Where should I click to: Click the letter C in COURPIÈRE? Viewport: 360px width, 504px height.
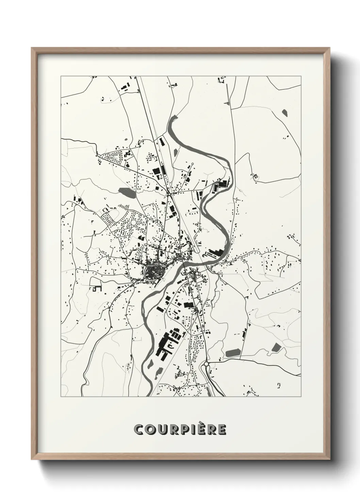[x=140, y=430]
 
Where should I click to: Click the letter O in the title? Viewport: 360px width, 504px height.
[x=150, y=430]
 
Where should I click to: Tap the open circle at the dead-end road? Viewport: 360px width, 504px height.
[x=193, y=164]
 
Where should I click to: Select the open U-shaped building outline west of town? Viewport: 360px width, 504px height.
[x=96, y=288]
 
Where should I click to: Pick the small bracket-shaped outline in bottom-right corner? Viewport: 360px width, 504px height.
[x=280, y=385]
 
